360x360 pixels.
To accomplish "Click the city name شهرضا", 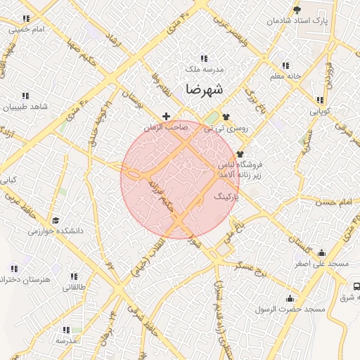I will click(205, 90).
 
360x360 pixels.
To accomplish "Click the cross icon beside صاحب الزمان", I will click(166, 116).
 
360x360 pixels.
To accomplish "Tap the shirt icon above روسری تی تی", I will click(225, 117).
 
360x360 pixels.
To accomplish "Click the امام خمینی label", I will click(29, 30).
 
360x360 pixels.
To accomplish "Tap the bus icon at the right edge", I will click(356, 287).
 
